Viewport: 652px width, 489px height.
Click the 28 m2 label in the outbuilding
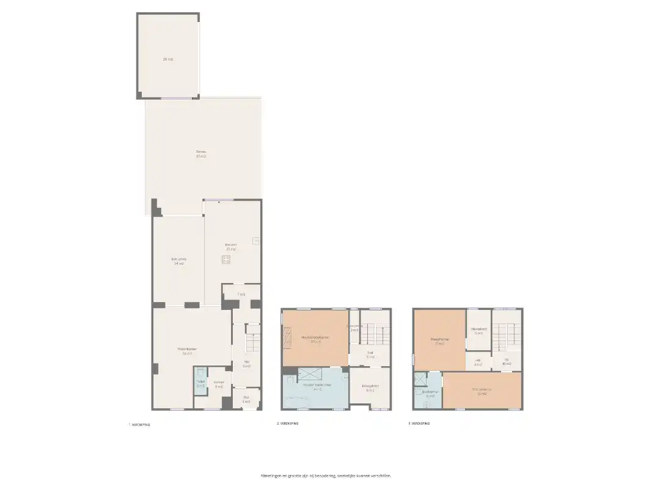click(x=167, y=59)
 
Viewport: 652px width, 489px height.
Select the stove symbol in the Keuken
click(x=226, y=259)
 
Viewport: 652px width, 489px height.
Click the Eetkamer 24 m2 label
click(x=178, y=261)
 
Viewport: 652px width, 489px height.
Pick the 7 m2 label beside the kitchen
click(x=241, y=295)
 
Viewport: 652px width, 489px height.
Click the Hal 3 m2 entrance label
click(x=246, y=399)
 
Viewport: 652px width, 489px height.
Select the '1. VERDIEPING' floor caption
click(x=139, y=424)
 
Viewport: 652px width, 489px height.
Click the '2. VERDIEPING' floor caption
click(x=287, y=423)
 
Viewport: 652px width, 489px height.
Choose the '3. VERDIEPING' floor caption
click(x=420, y=423)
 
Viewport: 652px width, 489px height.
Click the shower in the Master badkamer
click(x=309, y=374)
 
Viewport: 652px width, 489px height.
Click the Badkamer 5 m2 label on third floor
click(x=430, y=394)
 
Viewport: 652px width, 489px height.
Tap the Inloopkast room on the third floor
click(x=478, y=330)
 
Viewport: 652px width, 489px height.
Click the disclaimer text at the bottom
click(x=325, y=475)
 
